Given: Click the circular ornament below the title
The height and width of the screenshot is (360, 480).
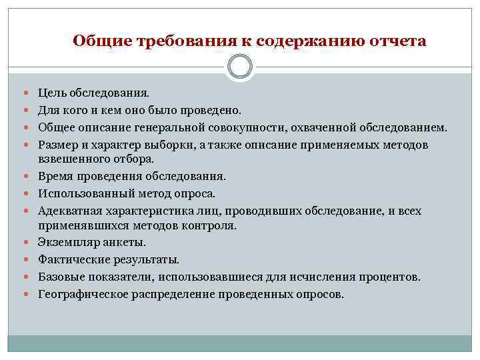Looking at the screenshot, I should pyautogui.click(x=240, y=67).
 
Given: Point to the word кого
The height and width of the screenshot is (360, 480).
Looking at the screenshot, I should pyautogui.click(x=79, y=109).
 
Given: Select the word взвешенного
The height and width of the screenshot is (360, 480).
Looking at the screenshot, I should pyautogui.click(x=71, y=159).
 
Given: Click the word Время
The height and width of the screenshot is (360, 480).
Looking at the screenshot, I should pyautogui.click(x=56, y=177).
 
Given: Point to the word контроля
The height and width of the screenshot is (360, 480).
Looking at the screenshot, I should pyautogui.click(x=211, y=226).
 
